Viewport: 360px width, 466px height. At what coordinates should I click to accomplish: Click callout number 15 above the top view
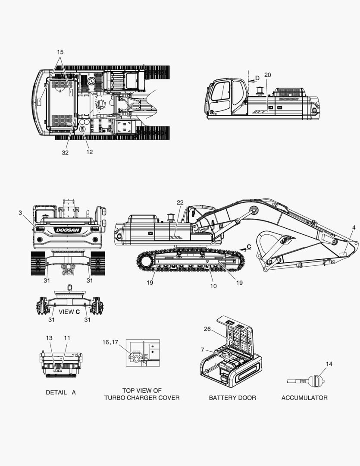click(x=60, y=52)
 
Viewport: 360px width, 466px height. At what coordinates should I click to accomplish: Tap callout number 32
click(x=65, y=152)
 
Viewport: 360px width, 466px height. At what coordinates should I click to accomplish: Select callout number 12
click(x=89, y=152)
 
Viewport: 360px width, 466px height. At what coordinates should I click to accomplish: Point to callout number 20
click(x=268, y=75)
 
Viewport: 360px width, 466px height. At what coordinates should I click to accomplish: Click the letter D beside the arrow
click(x=257, y=78)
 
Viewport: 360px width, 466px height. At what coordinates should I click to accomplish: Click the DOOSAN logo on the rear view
click(x=68, y=230)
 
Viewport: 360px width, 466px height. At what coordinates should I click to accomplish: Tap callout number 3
click(x=20, y=213)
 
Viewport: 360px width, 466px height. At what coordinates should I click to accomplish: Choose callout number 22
click(x=180, y=202)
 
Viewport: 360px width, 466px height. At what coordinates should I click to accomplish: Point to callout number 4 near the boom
click(x=354, y=228)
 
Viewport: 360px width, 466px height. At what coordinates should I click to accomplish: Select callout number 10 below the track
click(x=213, y=286)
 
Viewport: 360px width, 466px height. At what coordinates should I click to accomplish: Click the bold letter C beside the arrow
click(x=249, y=247)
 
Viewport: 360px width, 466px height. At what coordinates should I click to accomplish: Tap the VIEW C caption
click(x=69, y=312)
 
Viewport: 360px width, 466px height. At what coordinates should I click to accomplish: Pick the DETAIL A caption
click(x=61, y=392)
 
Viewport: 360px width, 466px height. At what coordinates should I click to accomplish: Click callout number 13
click(x=49, y=338)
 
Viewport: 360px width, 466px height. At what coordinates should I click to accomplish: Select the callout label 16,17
click(x=110, y=342)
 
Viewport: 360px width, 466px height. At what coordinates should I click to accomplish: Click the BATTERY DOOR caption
click(x=232, y=398)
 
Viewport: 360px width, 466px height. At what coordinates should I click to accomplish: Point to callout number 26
click(x=207, y=329)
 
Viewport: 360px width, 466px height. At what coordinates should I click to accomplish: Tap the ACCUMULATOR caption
click(x=304, y=398)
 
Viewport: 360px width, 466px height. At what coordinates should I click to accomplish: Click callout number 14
click(x=329, y=364)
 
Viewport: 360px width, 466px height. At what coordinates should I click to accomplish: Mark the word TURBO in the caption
click(x=114, y=398)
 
